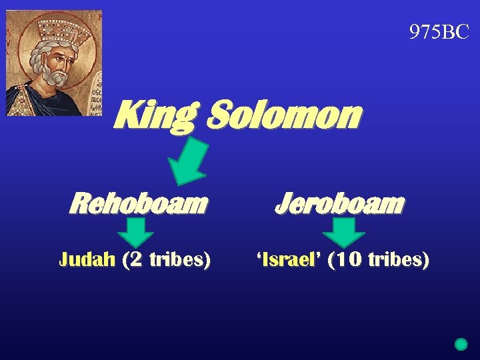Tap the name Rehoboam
138,203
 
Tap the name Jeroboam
339,203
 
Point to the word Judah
87,259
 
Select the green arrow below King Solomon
190,161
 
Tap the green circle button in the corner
461,345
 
